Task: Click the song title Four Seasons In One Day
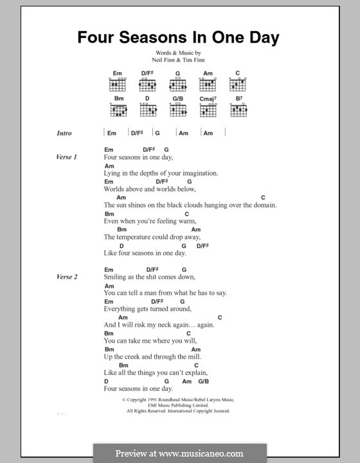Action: coord(179,37)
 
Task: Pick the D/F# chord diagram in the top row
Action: coord(148,82)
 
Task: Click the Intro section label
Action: coord(64,133)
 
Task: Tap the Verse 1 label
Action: coord(66,157)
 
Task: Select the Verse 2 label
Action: coord(66,277)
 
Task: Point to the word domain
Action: coord(263,205)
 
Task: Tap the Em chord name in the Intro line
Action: coord(111,133)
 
